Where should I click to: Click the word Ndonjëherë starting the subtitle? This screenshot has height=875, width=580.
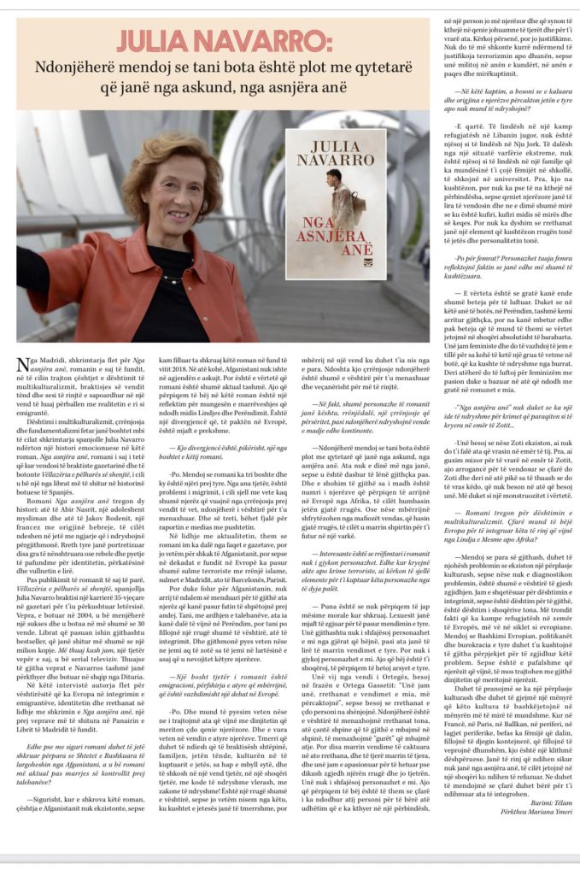click(x=80, y=68)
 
